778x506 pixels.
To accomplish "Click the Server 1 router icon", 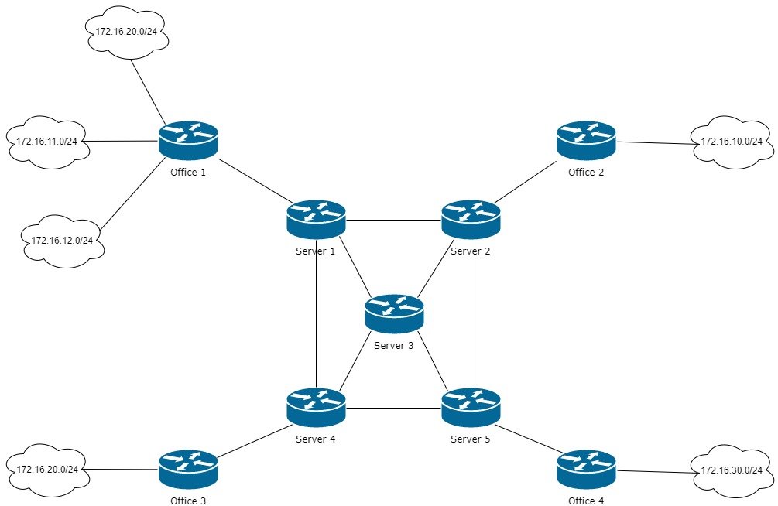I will [x=316, y=219].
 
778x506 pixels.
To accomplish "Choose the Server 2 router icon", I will [x=471, y=219].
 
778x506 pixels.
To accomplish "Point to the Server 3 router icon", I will [x=394, y=313].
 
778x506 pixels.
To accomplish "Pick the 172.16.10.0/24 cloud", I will [x=732, y=142].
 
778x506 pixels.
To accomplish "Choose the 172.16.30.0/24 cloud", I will [x=732, y=470].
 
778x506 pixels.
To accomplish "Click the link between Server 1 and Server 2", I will [x=393, y=220].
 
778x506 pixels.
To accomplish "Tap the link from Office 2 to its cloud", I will [x=654, y=142].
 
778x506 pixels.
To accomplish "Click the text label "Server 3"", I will [x=394, y=345].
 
